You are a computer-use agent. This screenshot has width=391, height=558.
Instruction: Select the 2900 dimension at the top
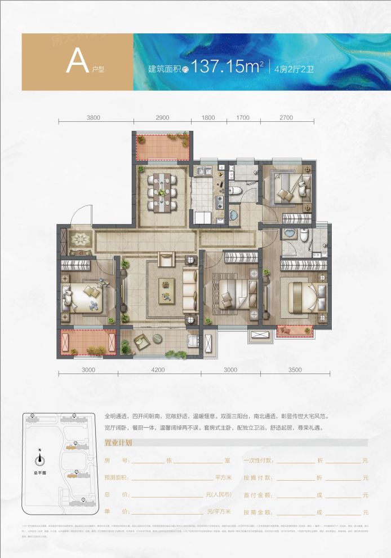tap(162, 118)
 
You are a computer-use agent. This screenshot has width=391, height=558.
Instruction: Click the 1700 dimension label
tap(243, 118)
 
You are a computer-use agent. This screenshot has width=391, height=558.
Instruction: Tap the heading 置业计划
tap(118, 443)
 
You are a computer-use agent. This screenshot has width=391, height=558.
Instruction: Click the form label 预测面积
tap(117, 478)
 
